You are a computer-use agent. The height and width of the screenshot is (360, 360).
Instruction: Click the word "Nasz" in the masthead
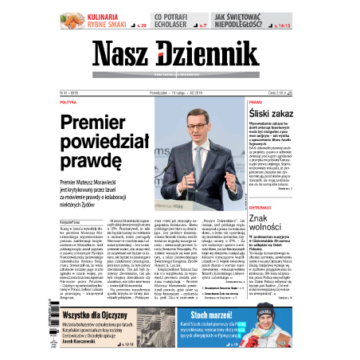123,54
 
